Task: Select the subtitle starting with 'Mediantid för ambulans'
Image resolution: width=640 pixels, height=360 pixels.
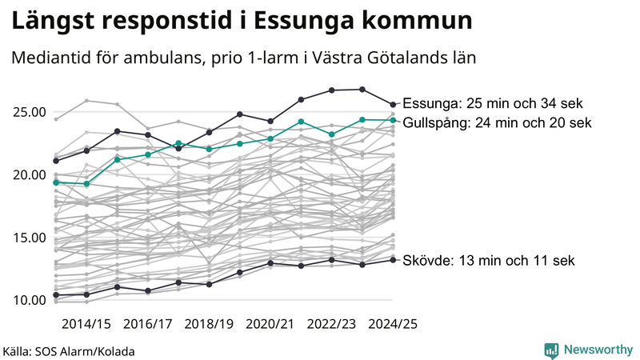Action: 244,58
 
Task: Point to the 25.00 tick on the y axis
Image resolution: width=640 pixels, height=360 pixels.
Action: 29,111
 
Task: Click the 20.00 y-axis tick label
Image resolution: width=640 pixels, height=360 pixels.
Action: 29,174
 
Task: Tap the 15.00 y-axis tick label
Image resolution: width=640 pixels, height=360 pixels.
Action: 29,238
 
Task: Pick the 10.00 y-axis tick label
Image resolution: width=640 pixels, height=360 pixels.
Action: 29,300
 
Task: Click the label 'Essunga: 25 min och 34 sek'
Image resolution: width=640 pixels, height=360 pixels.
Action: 493,104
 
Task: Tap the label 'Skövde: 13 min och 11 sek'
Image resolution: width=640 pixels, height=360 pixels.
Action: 488,261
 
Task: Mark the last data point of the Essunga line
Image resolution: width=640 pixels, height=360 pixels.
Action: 393,104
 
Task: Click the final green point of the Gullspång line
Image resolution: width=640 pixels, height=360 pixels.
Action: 393,120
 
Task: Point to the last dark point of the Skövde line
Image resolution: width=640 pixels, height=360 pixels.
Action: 393,259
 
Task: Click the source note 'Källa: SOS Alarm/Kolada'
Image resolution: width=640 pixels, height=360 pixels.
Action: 69,351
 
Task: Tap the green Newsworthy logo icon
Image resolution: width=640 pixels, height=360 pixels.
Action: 551,350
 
